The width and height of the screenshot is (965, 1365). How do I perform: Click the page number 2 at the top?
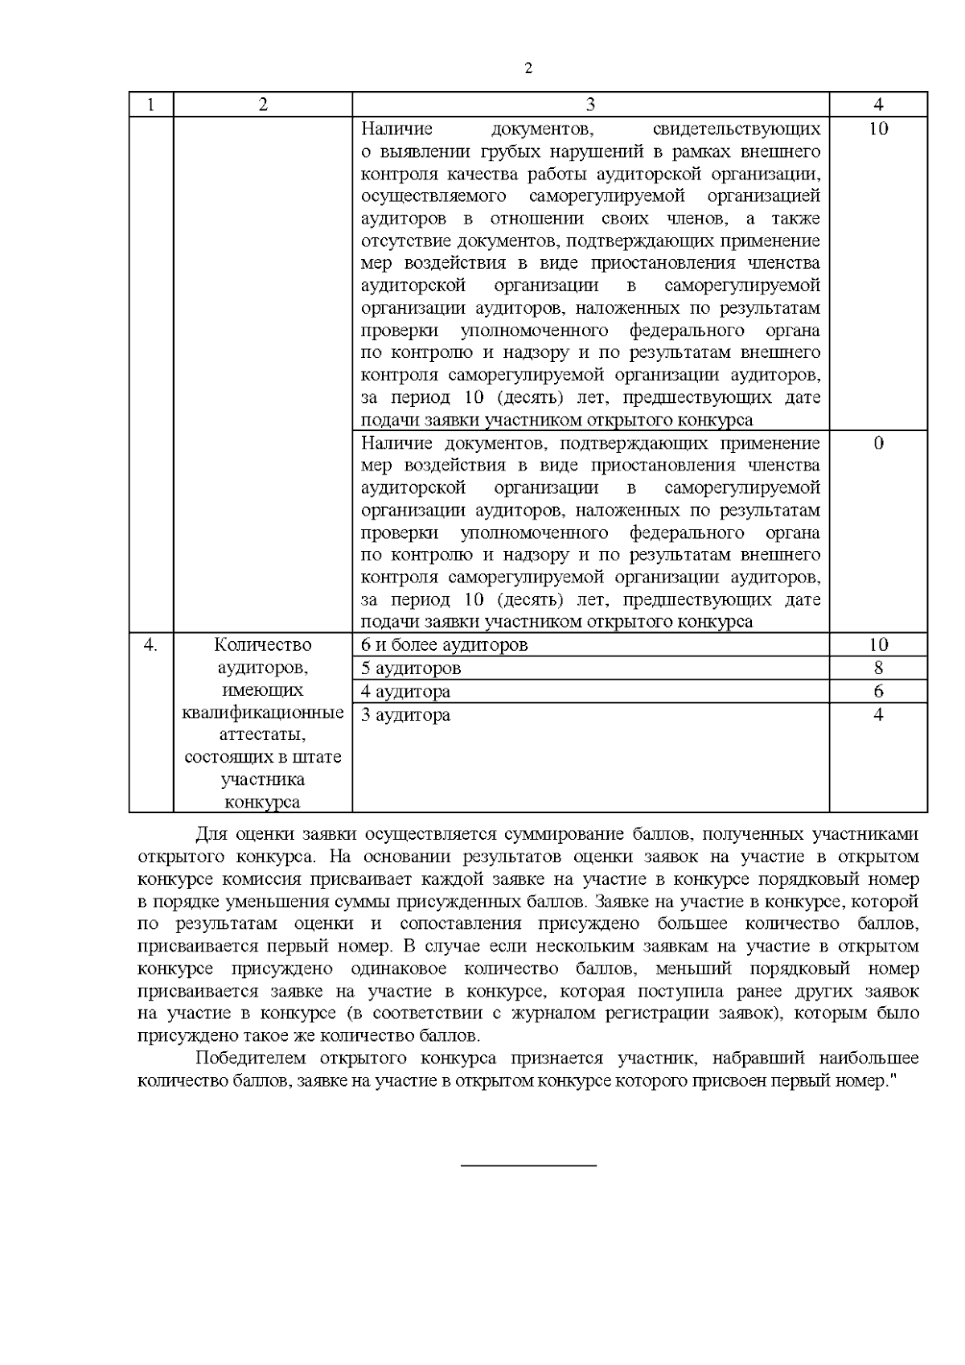pos(528,68)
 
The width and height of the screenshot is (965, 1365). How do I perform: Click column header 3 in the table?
pos(590,105)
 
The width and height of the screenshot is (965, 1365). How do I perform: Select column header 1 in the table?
pos(151,105)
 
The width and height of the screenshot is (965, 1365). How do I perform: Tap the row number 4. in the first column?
pos(150,645)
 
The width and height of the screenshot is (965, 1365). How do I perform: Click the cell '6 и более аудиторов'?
pos(445,645)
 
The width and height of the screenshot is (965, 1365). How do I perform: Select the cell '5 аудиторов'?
pos(411,668)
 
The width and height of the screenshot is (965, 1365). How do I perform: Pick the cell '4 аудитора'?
pos(405,692)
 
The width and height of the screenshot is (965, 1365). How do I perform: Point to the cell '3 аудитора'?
pos(405,715)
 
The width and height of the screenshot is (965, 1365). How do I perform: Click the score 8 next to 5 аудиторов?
pos(878,668)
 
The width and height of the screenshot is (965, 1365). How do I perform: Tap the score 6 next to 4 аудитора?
pos(878,692)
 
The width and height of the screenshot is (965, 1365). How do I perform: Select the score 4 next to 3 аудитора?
pos(878,715)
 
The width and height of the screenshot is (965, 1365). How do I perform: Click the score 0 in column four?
pos(878,443)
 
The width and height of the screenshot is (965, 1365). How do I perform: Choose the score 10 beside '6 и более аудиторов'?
pos(878,645)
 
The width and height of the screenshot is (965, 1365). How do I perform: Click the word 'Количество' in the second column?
pos(263,645)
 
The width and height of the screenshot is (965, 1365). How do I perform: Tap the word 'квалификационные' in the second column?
pos(263,713)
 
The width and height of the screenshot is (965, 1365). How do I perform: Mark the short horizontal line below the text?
pos(528,1165)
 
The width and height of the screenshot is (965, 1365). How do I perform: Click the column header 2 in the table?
pos(263,105)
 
